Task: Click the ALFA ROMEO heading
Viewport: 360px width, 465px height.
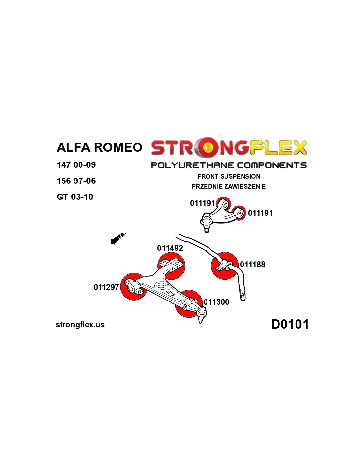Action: click(x=99, y=147)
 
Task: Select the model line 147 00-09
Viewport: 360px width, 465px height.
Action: click(x=76, y=165)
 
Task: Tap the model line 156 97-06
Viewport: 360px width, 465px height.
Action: click(x=76, y=181)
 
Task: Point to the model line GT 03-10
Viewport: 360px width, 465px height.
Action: click(x=75, y=197)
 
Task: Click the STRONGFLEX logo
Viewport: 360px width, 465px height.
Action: click(x=229, y=148)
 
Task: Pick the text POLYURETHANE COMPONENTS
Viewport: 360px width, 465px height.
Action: click(x=229, y=165)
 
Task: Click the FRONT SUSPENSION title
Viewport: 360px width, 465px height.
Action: click(x=229, y=176)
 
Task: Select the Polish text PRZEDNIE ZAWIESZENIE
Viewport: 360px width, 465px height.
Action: click(x=229, y=186)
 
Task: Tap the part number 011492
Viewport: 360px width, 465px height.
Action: click(x=170, y=248)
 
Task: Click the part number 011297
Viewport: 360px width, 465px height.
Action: click(x=106, y=287)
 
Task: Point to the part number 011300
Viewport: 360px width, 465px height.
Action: click(x=216, y=302)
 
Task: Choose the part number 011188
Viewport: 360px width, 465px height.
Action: click(x=253, y=264)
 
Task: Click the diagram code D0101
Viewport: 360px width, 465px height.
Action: click(x=290, y=324)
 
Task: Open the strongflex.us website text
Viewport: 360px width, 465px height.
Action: click(x=80, y=325)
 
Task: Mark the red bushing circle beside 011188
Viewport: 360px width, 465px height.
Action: click(x=225, y=266)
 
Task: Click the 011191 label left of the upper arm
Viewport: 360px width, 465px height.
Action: click(x=203, y=203)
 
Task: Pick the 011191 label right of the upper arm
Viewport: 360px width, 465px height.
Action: click(x=261, y=213)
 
